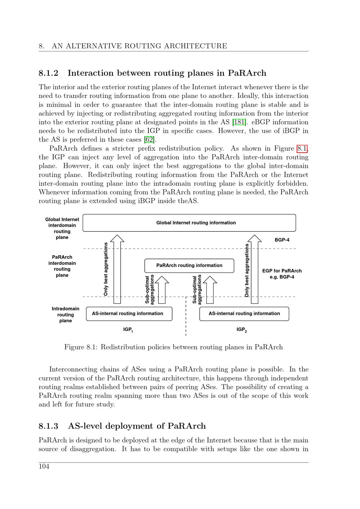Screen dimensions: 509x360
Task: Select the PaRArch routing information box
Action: point(189,266)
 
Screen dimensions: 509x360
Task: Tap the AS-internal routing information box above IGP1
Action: point(129,314)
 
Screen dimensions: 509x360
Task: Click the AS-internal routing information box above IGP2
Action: point(244,314)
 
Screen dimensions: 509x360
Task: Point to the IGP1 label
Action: point(128,330)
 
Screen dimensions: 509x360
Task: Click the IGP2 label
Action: point(242,330)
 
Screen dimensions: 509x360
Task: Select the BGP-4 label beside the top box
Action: point(282,240)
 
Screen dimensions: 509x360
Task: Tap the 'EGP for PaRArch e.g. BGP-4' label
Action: point(282,274)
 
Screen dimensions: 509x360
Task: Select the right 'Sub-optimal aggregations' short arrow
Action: point(210,290)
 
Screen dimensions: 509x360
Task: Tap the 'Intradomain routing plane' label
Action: point(66,315)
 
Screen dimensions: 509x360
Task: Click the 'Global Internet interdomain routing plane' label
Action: point(62,228)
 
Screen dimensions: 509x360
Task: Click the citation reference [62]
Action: point(149,140)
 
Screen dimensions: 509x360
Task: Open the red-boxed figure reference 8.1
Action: point(302,148)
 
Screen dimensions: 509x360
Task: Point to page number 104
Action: point(44,467)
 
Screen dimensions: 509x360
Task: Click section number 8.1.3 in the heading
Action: point(48,426)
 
